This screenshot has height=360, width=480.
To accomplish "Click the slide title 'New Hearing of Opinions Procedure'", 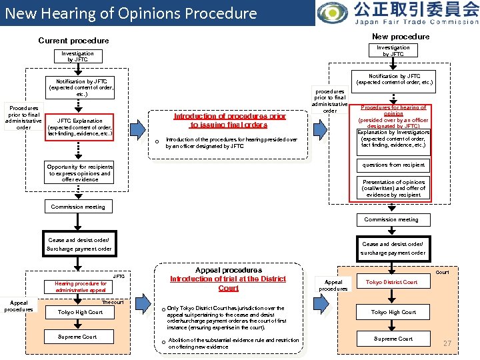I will (131, 13).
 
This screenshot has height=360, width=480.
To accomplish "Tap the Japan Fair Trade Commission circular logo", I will (331, 13).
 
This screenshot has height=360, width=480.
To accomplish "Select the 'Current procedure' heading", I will (73, 41).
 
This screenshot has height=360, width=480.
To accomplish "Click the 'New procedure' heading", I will (400, 36).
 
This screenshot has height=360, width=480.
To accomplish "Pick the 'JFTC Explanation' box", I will (80, 127).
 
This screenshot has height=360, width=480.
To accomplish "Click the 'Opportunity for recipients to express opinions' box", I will (79, 173).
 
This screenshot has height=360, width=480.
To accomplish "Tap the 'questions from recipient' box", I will (393, 165).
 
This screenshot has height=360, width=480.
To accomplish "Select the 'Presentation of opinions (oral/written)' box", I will (393, 188).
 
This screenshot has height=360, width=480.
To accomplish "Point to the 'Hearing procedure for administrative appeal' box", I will (80, 287).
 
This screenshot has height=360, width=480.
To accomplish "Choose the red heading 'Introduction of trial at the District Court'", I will (228, 283).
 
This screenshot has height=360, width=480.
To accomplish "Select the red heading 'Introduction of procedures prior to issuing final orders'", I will (229, 120).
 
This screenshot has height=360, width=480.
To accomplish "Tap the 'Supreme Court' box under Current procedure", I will (77, 337).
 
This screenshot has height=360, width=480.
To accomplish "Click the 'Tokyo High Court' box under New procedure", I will (393, 312).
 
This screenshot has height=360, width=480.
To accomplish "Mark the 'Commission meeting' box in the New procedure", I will (391, 219).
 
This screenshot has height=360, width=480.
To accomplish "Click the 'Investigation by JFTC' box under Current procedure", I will (77, 56).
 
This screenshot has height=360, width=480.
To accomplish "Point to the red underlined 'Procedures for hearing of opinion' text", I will (393, 110).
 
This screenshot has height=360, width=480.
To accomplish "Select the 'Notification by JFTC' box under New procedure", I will (394, 79).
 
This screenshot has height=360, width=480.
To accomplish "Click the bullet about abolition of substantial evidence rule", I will (233, 343).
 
